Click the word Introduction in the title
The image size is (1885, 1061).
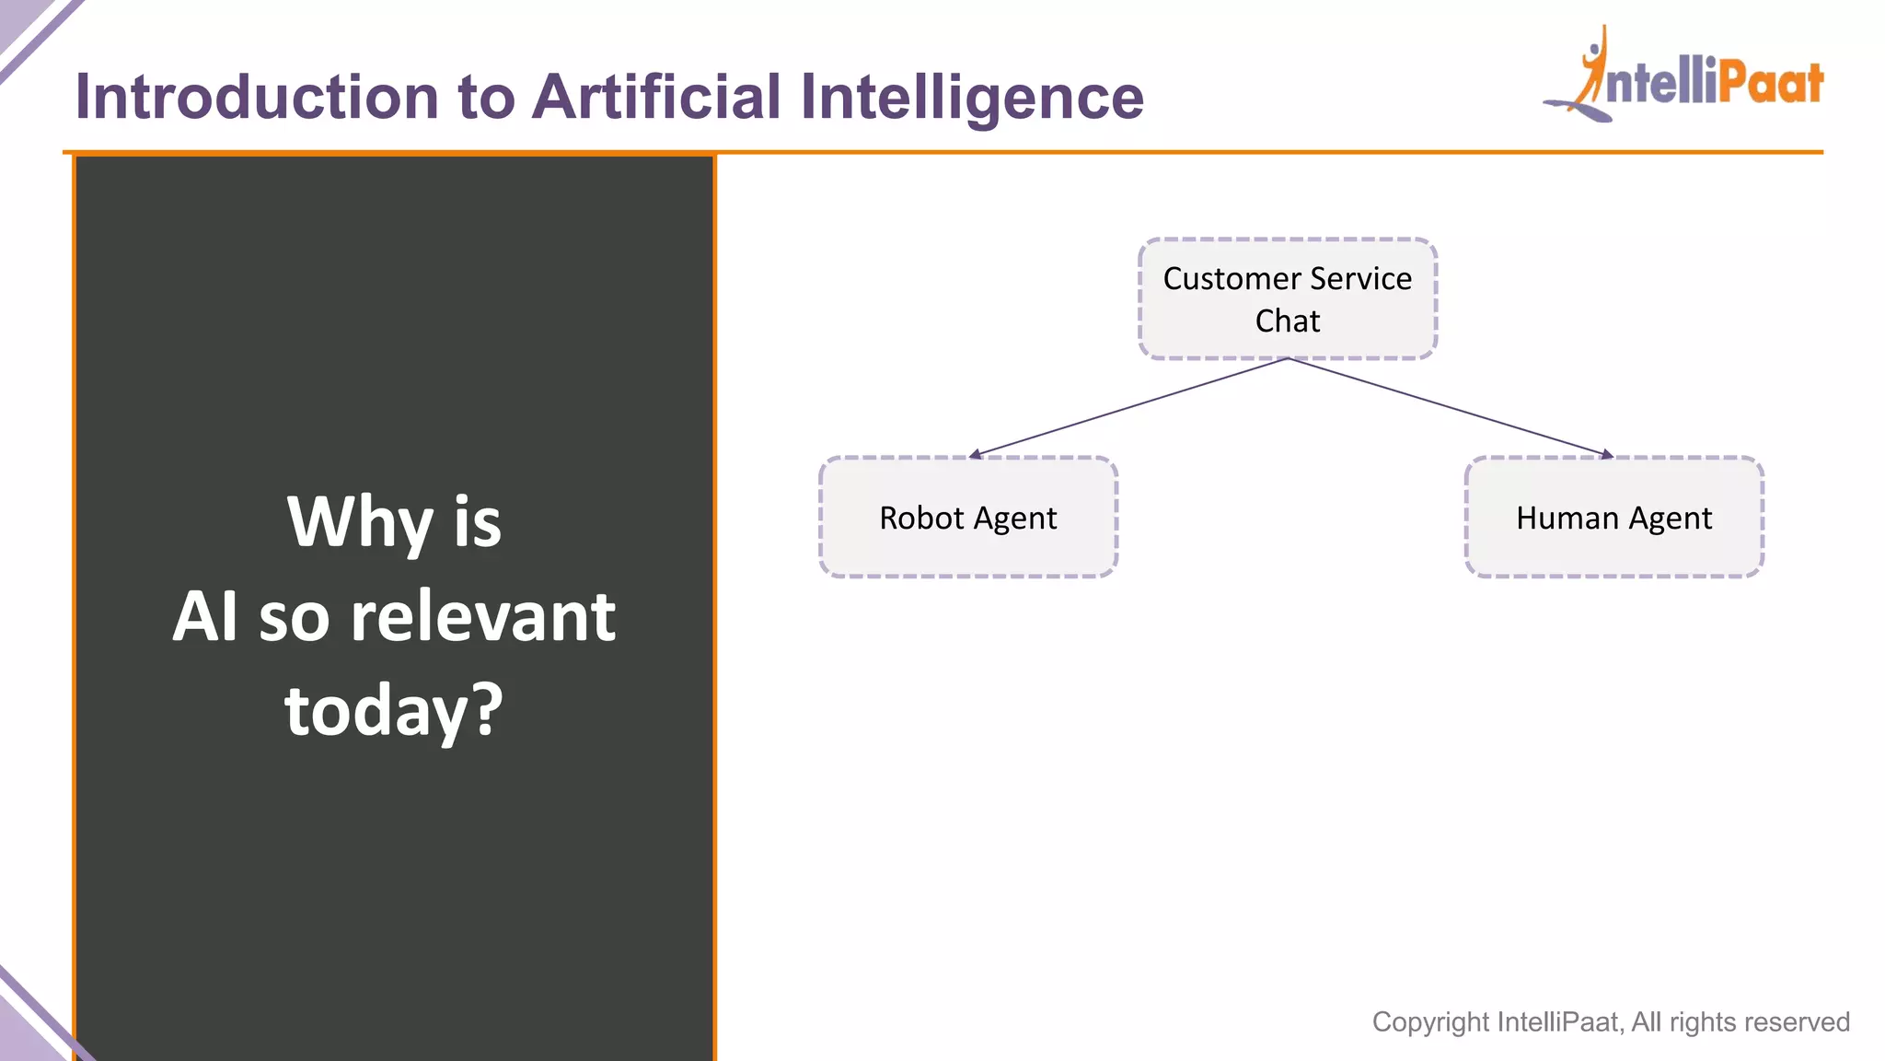point(257,97)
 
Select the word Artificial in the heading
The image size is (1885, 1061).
point(656,97)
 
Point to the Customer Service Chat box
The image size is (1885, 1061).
point(1287,298)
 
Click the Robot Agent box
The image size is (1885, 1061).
point(967,518)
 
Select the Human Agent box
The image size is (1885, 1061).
point(1613,518)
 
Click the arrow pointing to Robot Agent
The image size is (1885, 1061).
point(1128,408)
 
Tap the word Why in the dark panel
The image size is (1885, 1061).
point(360,521)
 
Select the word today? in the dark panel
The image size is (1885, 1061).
point(394,711)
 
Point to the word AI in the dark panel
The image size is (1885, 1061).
point(205,617)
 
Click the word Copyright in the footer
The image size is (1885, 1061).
point(1430,1022)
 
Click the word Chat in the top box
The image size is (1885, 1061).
point(1287,321)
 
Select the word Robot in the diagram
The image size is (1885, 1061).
point(921,518)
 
